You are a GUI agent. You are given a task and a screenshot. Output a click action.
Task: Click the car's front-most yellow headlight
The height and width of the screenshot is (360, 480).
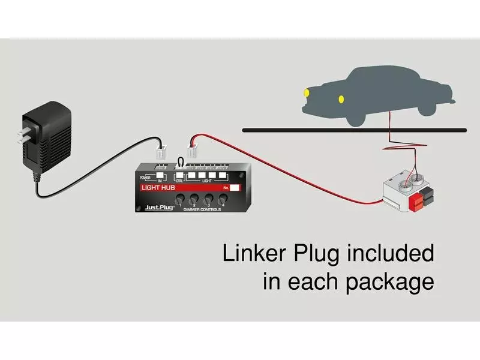point(306,92)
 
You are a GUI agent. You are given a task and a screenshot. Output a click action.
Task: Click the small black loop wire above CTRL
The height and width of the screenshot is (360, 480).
point(179,161)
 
